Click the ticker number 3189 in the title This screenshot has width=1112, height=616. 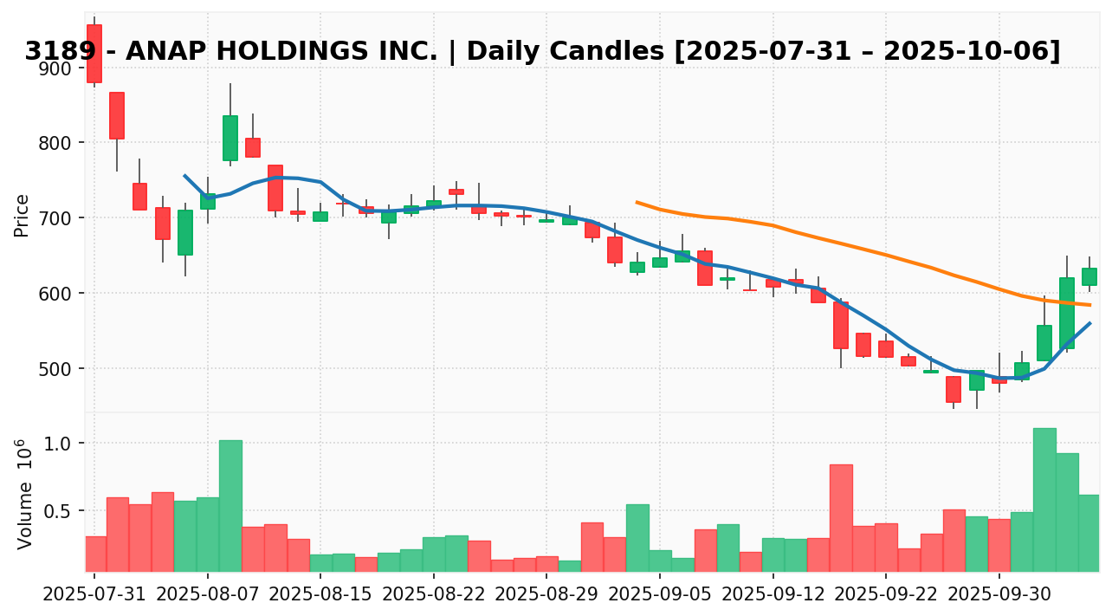click(54, 52)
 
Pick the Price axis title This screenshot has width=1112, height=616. click(23, 215)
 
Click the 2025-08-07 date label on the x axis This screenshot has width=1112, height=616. click(208, 597)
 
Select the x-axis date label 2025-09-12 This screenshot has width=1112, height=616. click(773, 597)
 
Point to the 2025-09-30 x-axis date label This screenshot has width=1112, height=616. click(999, 597)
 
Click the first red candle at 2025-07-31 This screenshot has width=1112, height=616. click(94, 54)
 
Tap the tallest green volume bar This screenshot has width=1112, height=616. click(1044, 499)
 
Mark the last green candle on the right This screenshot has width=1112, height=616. click(1089, 276)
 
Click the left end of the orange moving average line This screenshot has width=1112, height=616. click(637, 202)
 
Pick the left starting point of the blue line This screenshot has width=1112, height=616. click(184, 176)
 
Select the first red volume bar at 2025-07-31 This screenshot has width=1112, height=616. click(95, 554)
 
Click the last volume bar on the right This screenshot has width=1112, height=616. click(1089, 533)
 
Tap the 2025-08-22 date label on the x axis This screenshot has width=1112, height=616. click(434, 597)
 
